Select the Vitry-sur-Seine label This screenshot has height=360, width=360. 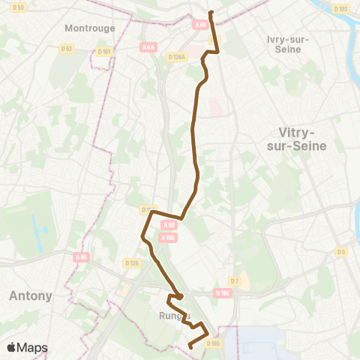pyautogui.click(x=297, y=139)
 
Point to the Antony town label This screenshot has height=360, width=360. pyautogui.click(x=30, y=295)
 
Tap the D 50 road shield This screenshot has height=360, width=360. pyautogui.click(x=19, y=7)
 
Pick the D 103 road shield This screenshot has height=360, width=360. pyautogui.click(x=339, y=9)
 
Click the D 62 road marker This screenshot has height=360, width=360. pyautogui.click(x=67, y=49)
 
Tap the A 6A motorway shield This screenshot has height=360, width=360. pyautogui.click(x=148, y=46)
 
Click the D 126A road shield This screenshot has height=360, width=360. pyautogui.click(x=177, y=56)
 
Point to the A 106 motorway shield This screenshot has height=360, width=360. pyautogui.click(x=168, y=237)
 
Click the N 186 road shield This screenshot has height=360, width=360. pyautogui.click(x=222, y=293)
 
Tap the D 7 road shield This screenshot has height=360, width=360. pyautogui.click(x=235, y=280)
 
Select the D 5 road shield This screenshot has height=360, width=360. pyautogui.click(x=341, y=252)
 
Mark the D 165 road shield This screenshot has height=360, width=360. pyautogui.click(x=214, y=343)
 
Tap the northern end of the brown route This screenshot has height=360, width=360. pyautogui.click(x=211, y=13)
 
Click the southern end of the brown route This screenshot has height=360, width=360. pyautogui.click(x=190, y=346)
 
